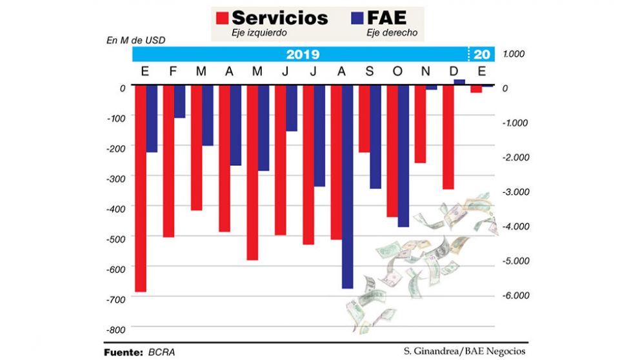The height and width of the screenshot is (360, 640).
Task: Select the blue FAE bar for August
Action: pyautogui.click(x=347, y=186)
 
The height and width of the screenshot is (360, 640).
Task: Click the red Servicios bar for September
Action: pyautogui.click(x=365, y=119)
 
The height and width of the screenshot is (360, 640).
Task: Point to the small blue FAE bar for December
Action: pyautogui.click(x=459, y=82)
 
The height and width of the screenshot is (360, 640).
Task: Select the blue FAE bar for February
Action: pyautogui.click(x=179, y=101)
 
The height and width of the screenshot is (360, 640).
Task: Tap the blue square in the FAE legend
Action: pyautogui.click(x=356, y=18)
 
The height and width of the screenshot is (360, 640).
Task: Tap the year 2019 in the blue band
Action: pyautogui.click(x=303, y=54)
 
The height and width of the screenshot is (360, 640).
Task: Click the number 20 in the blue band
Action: pyautogui.click(x=481, y=54)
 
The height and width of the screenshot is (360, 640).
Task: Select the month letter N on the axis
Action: pyautogui.click(x=425, y=71)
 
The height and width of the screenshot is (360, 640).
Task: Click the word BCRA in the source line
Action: pyautogui.click(x=162, y=352)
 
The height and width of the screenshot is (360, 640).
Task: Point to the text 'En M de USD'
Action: pyautogui.click(x=135, y=40)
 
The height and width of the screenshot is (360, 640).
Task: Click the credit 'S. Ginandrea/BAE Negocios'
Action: pyautogui.click(x=465, y=351)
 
